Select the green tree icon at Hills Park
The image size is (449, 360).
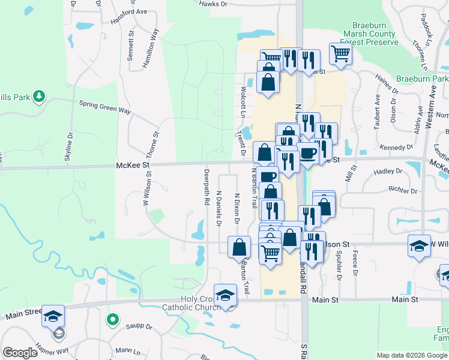coord(39,96)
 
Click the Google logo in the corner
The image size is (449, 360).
coord(20,353)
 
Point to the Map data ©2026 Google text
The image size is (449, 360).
coord(412,355)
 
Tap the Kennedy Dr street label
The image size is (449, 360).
coord(396,147)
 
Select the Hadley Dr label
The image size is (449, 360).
coord(387,172)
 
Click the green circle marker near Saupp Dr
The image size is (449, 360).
coord(111,319)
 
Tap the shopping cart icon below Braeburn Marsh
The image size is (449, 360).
coord(340,53)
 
